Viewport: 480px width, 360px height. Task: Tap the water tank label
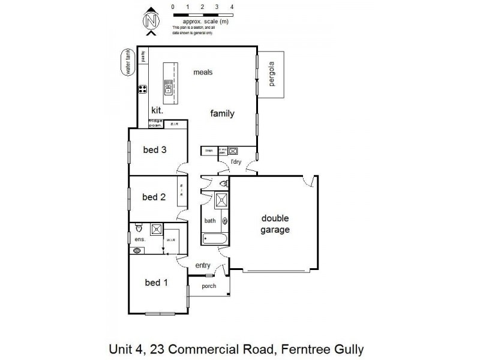point(127,63)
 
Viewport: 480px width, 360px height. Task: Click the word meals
point(203,73)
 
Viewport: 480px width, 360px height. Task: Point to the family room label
point(221,113)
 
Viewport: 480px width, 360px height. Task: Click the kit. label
point(157,110)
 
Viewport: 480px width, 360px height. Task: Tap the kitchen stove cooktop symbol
point(143,90)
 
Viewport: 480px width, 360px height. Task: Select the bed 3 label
point(154,150)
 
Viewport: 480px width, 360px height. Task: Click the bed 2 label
point(154,197)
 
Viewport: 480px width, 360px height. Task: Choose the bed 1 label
point(157,282)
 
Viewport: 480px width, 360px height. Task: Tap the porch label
point(208,286)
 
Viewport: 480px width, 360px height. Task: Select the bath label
point(210,221)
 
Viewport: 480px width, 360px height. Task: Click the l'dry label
point(236,162)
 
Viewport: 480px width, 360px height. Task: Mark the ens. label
point(139,239)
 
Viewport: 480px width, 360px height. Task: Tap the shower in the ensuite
point(156,229)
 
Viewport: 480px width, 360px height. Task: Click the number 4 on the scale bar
point(232,7)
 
